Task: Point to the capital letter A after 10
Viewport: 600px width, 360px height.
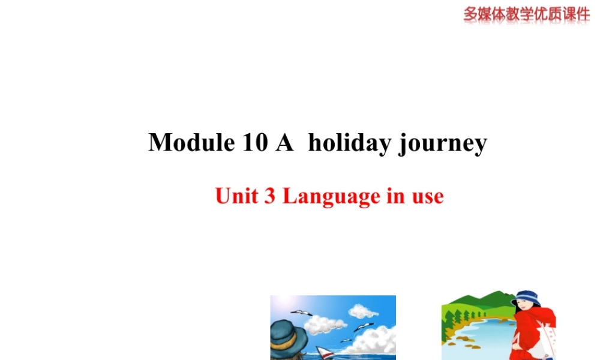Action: [x=284, y=143]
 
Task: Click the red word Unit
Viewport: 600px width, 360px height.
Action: [x=236, y=196]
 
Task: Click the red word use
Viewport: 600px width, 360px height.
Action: [x=427, y=197]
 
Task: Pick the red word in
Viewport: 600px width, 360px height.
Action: [x=395, y=196]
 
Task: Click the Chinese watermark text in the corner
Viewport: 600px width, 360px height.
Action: [x=526, y=13]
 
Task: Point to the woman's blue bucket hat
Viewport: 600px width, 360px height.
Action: [x=526, y=298]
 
